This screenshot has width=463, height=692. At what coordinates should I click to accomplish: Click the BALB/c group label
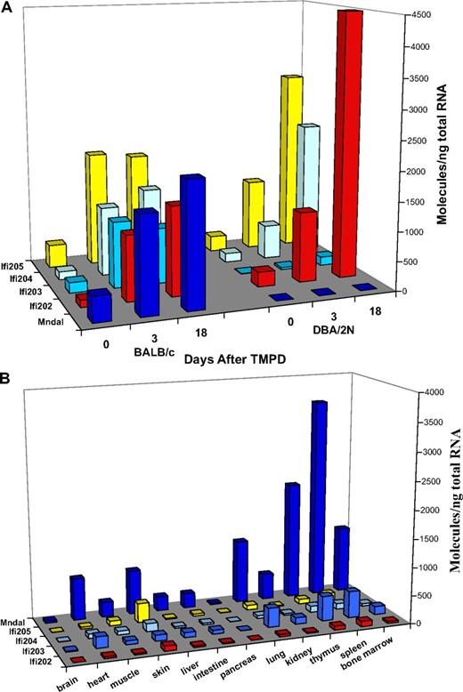[157, 363]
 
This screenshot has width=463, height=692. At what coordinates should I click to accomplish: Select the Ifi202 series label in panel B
[20, 660]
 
